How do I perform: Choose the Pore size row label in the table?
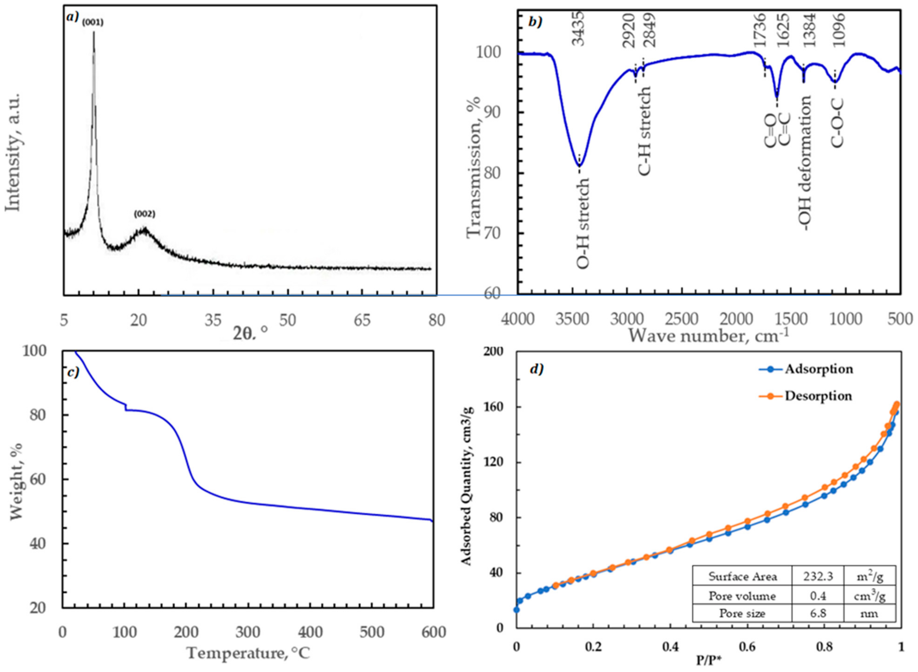pos(742,613)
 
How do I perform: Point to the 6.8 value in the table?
pos(818,613)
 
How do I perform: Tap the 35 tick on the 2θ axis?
pos(213,320)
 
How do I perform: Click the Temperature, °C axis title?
pos(248,653)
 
